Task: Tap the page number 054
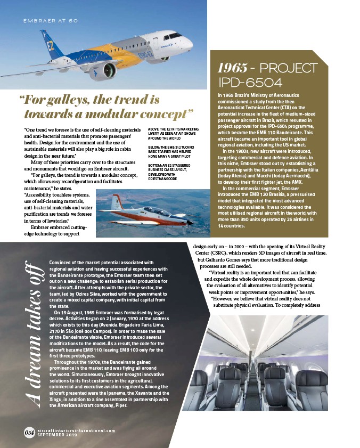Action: [x=29, y=432]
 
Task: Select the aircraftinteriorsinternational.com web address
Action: [x=76, y=430]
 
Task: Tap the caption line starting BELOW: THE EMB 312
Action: [x=168, y=148]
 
